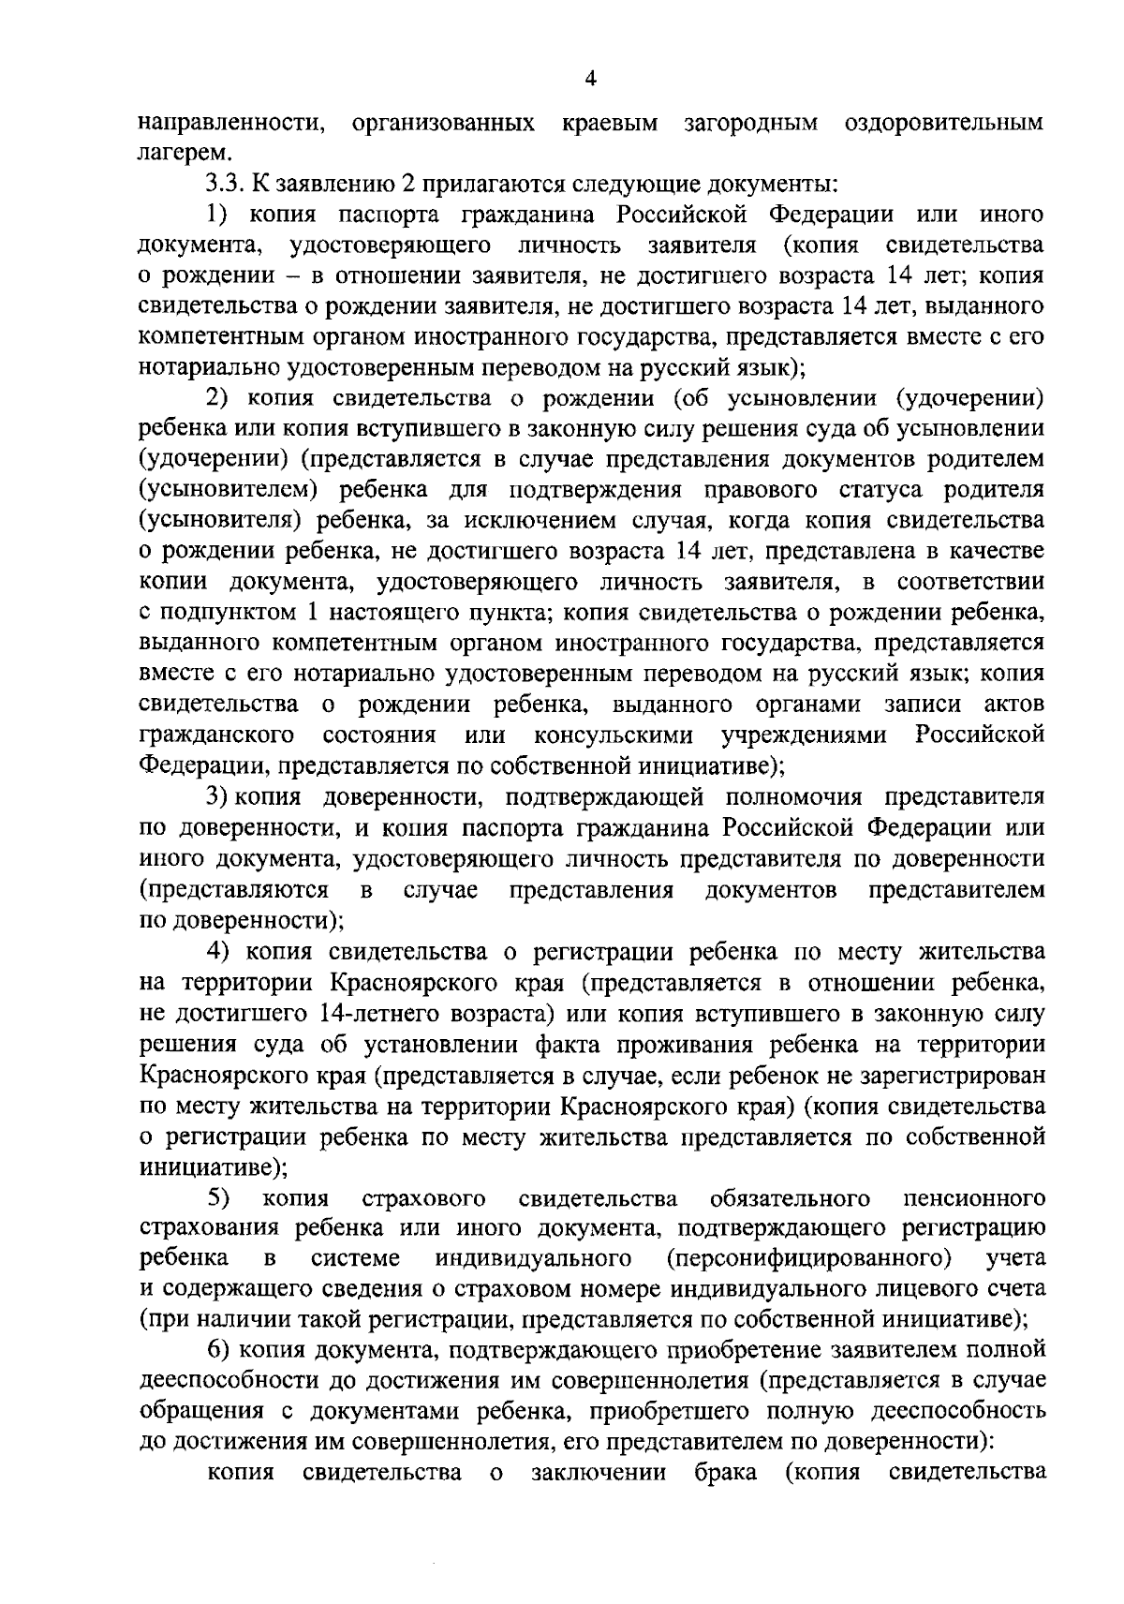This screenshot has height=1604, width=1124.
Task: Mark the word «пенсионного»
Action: pyautogui.click(x=975, y=1197)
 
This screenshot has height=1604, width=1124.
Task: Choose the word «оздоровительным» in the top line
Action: pyautogui.click(x=944, y=123)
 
